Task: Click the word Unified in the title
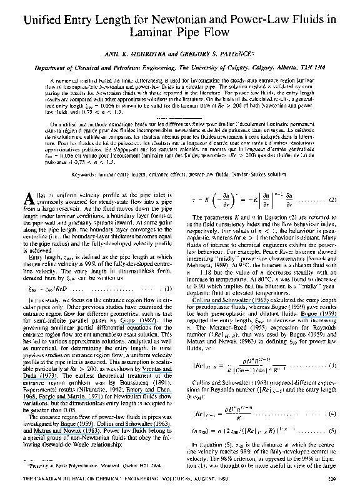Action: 43,21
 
